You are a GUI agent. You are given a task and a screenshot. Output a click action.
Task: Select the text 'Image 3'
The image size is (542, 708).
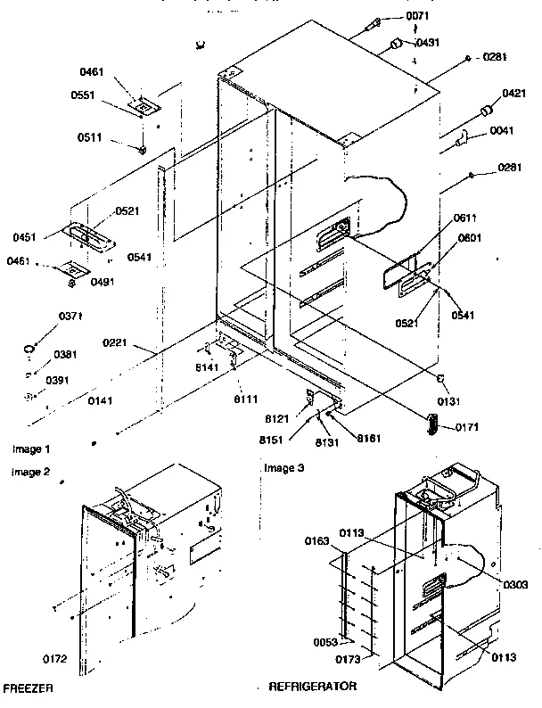coord(284,467)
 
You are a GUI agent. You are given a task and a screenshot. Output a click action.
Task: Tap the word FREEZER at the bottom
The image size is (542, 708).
coord(28,687)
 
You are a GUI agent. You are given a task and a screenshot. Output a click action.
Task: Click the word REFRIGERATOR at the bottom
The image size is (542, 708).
coord(312,687)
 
